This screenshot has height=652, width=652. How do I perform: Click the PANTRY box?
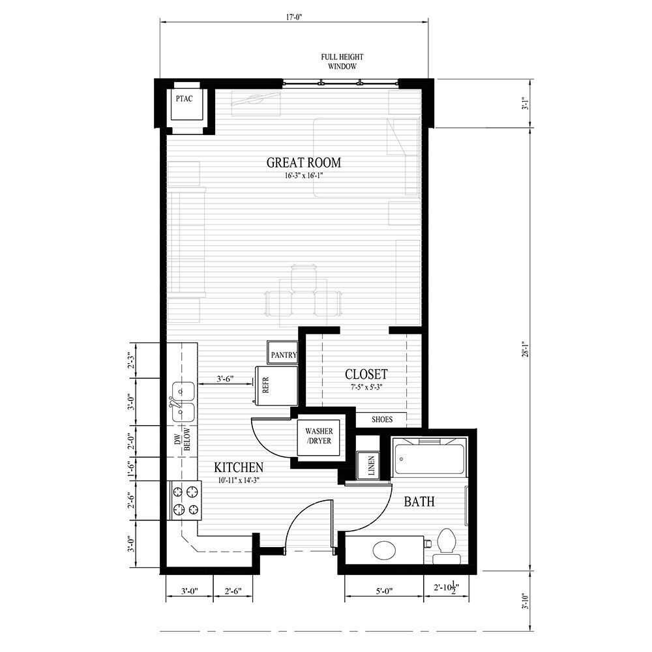284,355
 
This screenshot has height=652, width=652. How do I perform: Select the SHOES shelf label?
381,419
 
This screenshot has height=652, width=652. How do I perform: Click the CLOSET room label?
366,374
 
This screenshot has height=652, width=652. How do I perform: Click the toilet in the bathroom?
447,544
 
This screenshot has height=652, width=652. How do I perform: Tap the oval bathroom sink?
385,550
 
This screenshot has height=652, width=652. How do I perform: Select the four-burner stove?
184,499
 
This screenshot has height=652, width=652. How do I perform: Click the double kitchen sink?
182,401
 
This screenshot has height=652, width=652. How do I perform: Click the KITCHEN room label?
239,467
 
